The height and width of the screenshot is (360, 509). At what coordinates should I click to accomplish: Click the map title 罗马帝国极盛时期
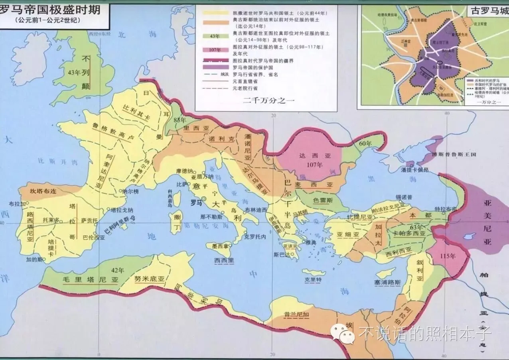coord(50,10)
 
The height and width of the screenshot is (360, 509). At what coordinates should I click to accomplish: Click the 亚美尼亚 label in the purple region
coord(487,222)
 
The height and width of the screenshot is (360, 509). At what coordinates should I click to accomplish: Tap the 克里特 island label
coord(312,280)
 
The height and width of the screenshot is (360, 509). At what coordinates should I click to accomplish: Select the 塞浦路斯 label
coord(387,282)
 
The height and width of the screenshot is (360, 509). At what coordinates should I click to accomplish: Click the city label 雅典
coord(312,242)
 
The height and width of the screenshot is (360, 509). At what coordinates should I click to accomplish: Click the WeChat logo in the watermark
coord(344,334)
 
